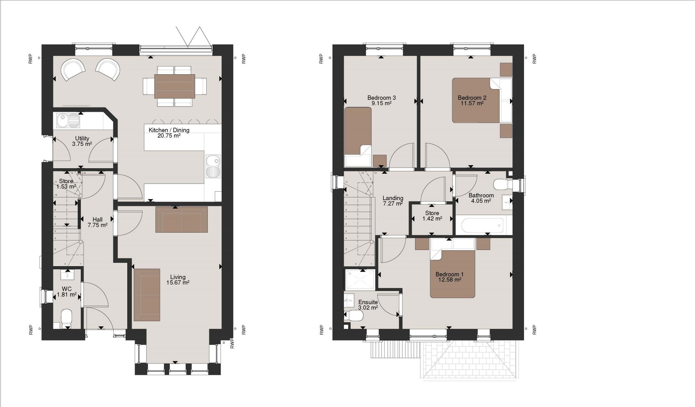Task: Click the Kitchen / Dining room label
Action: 169,130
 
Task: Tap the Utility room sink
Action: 68,120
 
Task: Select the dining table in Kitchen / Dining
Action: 174,86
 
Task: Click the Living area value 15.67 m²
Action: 177,283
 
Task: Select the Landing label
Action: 393,198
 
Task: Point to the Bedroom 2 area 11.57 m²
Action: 472,103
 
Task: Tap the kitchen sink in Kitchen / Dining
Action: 213,166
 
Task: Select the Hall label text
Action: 97,219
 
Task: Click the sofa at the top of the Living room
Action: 181,219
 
